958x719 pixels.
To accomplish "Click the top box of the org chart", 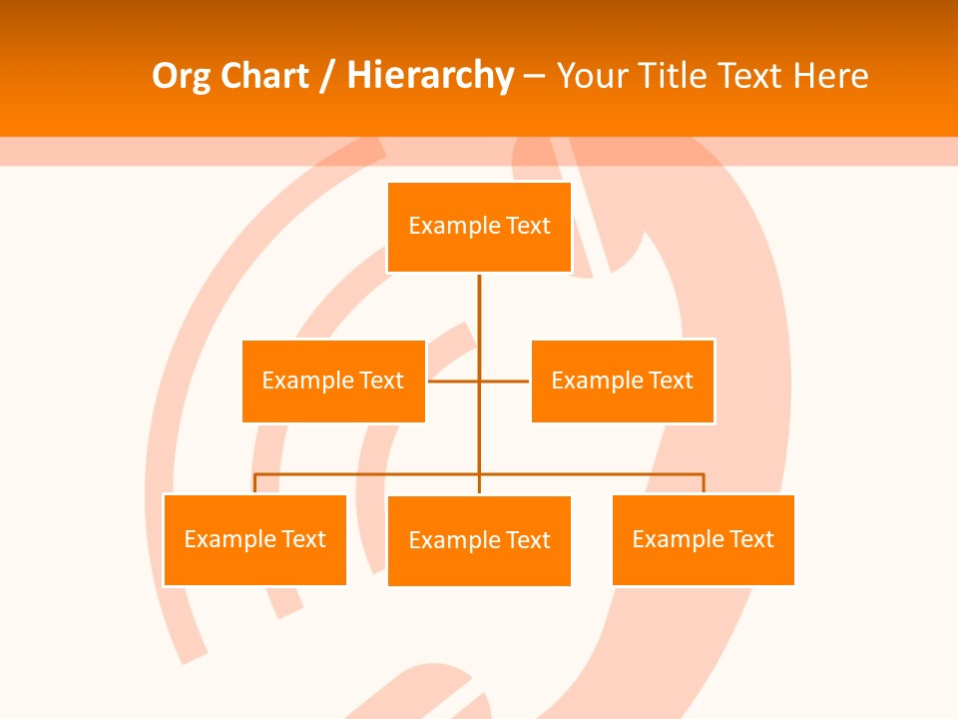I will coord(479,227).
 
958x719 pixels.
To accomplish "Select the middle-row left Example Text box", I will coord(333,380).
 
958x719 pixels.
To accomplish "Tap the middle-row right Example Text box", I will coord(623,380).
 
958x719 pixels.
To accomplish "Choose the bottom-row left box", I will coord(254,540).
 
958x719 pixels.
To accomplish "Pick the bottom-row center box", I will coord(479,541).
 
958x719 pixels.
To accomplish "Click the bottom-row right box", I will coord(703,540).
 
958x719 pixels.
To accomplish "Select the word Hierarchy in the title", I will coord(430,76).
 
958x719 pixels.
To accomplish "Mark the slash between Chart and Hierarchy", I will coord(327,76).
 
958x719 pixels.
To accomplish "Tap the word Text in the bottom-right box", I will coord(750,540).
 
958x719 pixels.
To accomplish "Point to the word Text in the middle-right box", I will coord(671,380).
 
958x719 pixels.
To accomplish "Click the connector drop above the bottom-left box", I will coord(254,483).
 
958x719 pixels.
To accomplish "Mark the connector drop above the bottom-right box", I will coord(704,483).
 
